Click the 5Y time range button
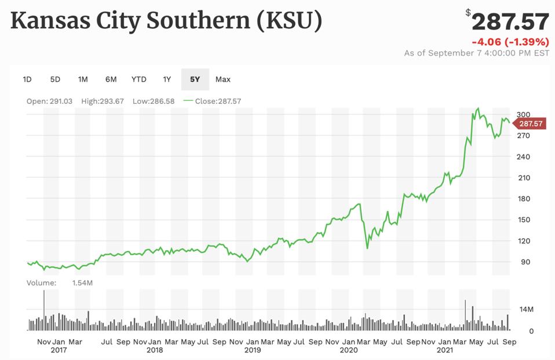pos(195,79)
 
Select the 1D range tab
pos(27,79)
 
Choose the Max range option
pos(223,79)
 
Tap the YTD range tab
pos(139,79)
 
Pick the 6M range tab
pos(111,79)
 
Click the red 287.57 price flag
pos(530,123)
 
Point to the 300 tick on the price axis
pos(524,115)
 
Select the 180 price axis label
pos(524,199)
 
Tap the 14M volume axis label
pos(525,310)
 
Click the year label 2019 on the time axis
pos(253,350)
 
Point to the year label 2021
pos(444,350)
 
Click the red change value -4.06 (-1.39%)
pos(510,42)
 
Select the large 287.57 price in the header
pos(510,22)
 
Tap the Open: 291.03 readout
pos(49,101)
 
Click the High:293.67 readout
pos(103,101)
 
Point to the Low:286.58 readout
pos(152,101)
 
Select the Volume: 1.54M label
pos(60,283)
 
